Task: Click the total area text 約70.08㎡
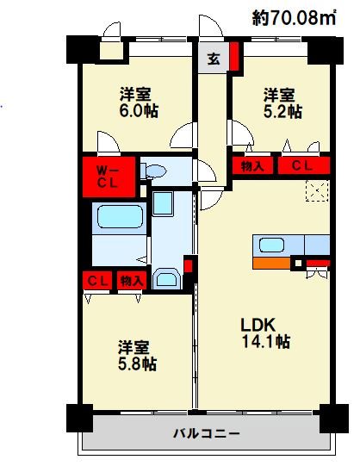tap(294, 16)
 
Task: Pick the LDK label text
tap(257, 326)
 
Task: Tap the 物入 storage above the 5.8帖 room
tap(130, 281)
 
